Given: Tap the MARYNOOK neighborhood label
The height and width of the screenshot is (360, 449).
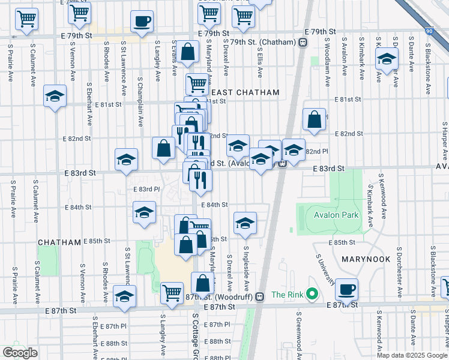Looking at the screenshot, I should (367, 259).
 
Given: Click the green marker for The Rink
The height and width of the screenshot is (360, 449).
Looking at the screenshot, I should (312, 294).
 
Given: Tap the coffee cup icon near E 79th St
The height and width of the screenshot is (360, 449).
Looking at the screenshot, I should (142, 22).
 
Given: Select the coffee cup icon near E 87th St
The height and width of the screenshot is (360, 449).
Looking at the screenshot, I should (346, 289).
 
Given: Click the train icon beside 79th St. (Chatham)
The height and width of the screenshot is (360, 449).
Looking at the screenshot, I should (303, 42).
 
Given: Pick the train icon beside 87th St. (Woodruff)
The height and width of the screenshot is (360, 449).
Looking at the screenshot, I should (260, 296).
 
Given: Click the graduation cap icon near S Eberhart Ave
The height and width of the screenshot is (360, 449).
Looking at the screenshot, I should (55, 96).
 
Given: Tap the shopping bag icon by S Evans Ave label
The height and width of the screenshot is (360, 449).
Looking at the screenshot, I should (188, 52).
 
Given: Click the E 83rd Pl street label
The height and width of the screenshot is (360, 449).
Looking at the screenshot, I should (146, 190).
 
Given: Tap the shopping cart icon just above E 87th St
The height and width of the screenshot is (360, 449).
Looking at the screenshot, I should (172, 293).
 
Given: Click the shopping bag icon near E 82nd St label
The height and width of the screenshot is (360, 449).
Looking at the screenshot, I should (313, 119).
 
